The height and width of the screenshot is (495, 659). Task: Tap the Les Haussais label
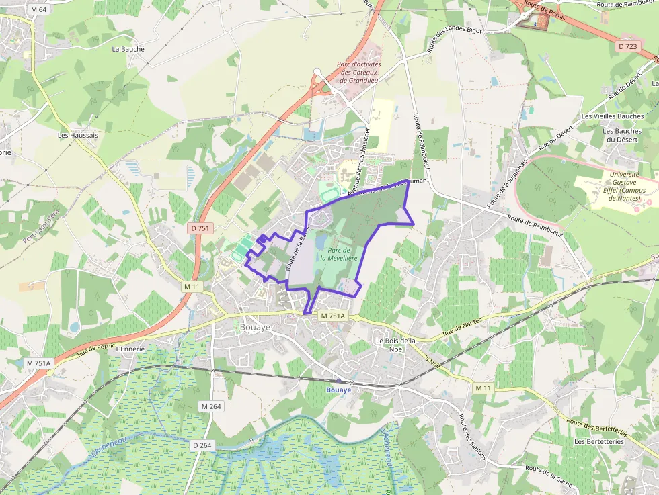click(x=77, y=135)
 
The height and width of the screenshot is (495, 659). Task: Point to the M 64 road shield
click(x=39, y=10)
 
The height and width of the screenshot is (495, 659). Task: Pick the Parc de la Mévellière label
click(x=338, y=253)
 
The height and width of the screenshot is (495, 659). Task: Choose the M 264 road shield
click(x=211, y=406)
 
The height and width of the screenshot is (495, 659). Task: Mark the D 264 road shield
click(x=202, y=445)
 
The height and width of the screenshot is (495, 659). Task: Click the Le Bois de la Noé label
click(x=396, y=345)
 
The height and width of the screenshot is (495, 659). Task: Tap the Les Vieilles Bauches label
click(x=613, y=116)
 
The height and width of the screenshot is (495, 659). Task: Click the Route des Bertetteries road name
click(x=595, y=427)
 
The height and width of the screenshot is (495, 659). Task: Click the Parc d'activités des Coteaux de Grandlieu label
click(x=359, y=72)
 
